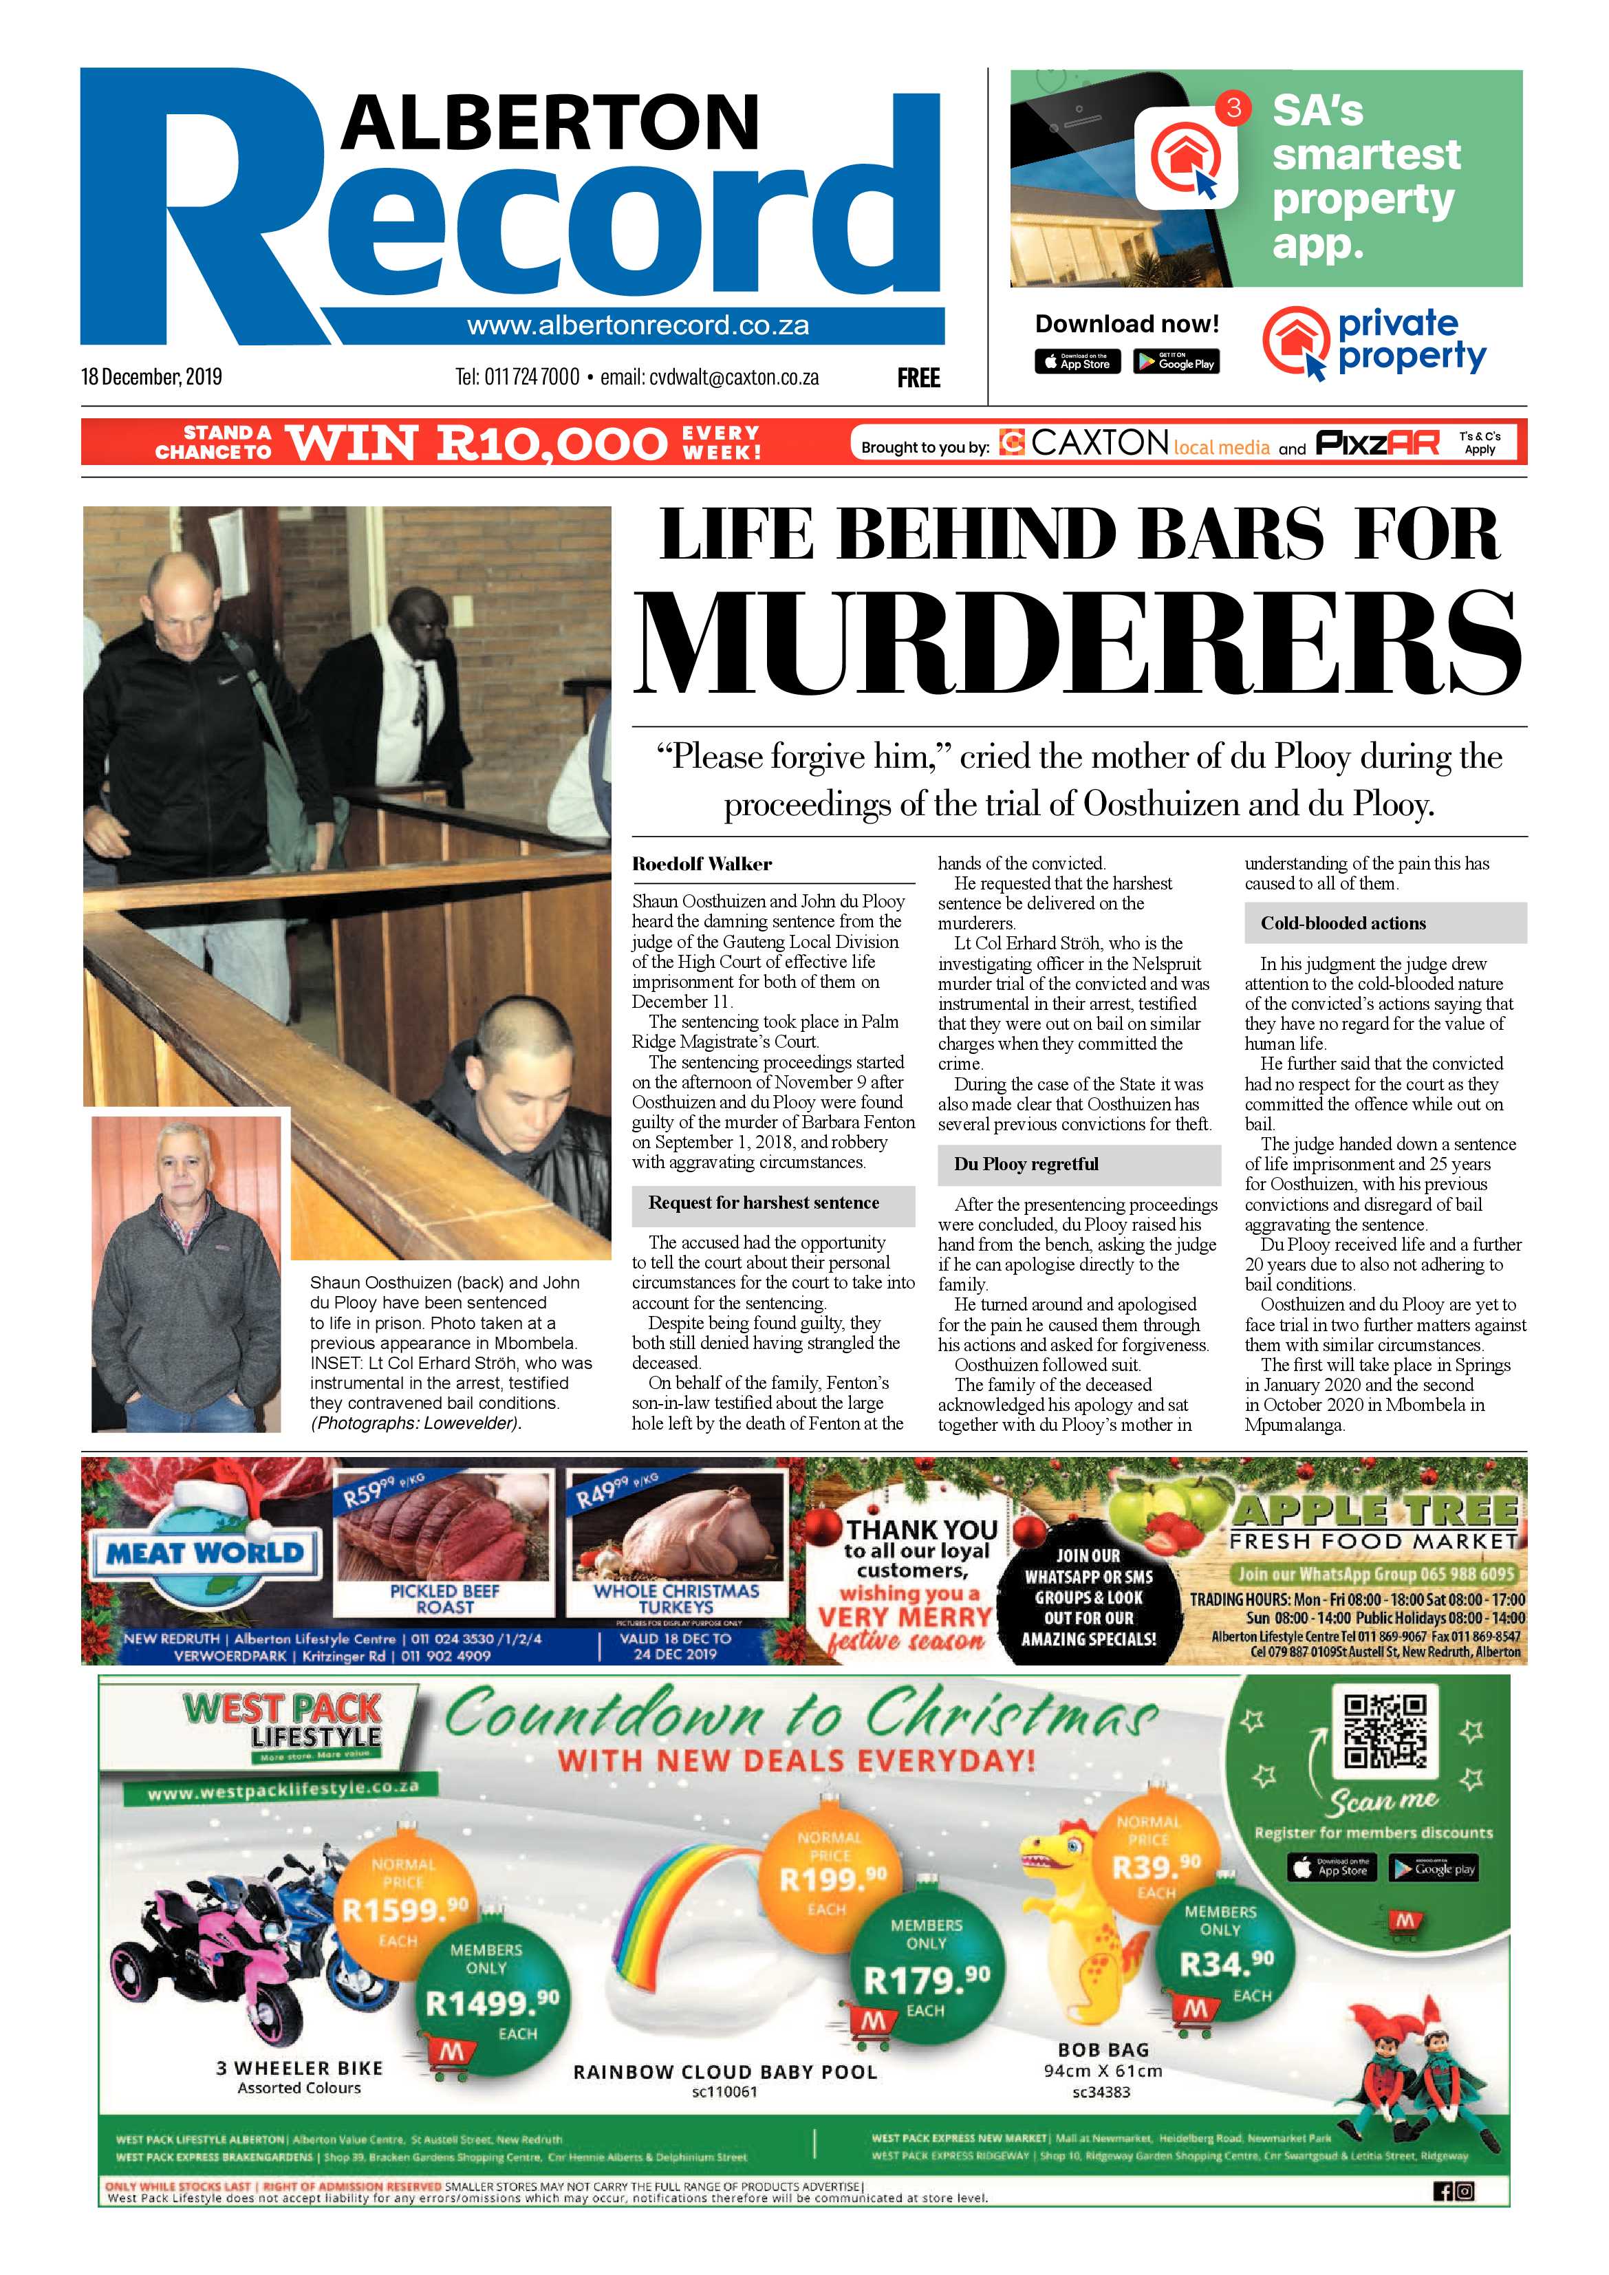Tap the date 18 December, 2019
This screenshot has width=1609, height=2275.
[151, 376]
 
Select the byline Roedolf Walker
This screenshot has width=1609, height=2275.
[702, 864]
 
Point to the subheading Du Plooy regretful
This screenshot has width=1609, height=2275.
[1026, 1164]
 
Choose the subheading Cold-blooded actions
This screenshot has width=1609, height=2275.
[1343, 923]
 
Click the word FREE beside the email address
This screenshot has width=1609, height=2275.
[918, 378]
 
